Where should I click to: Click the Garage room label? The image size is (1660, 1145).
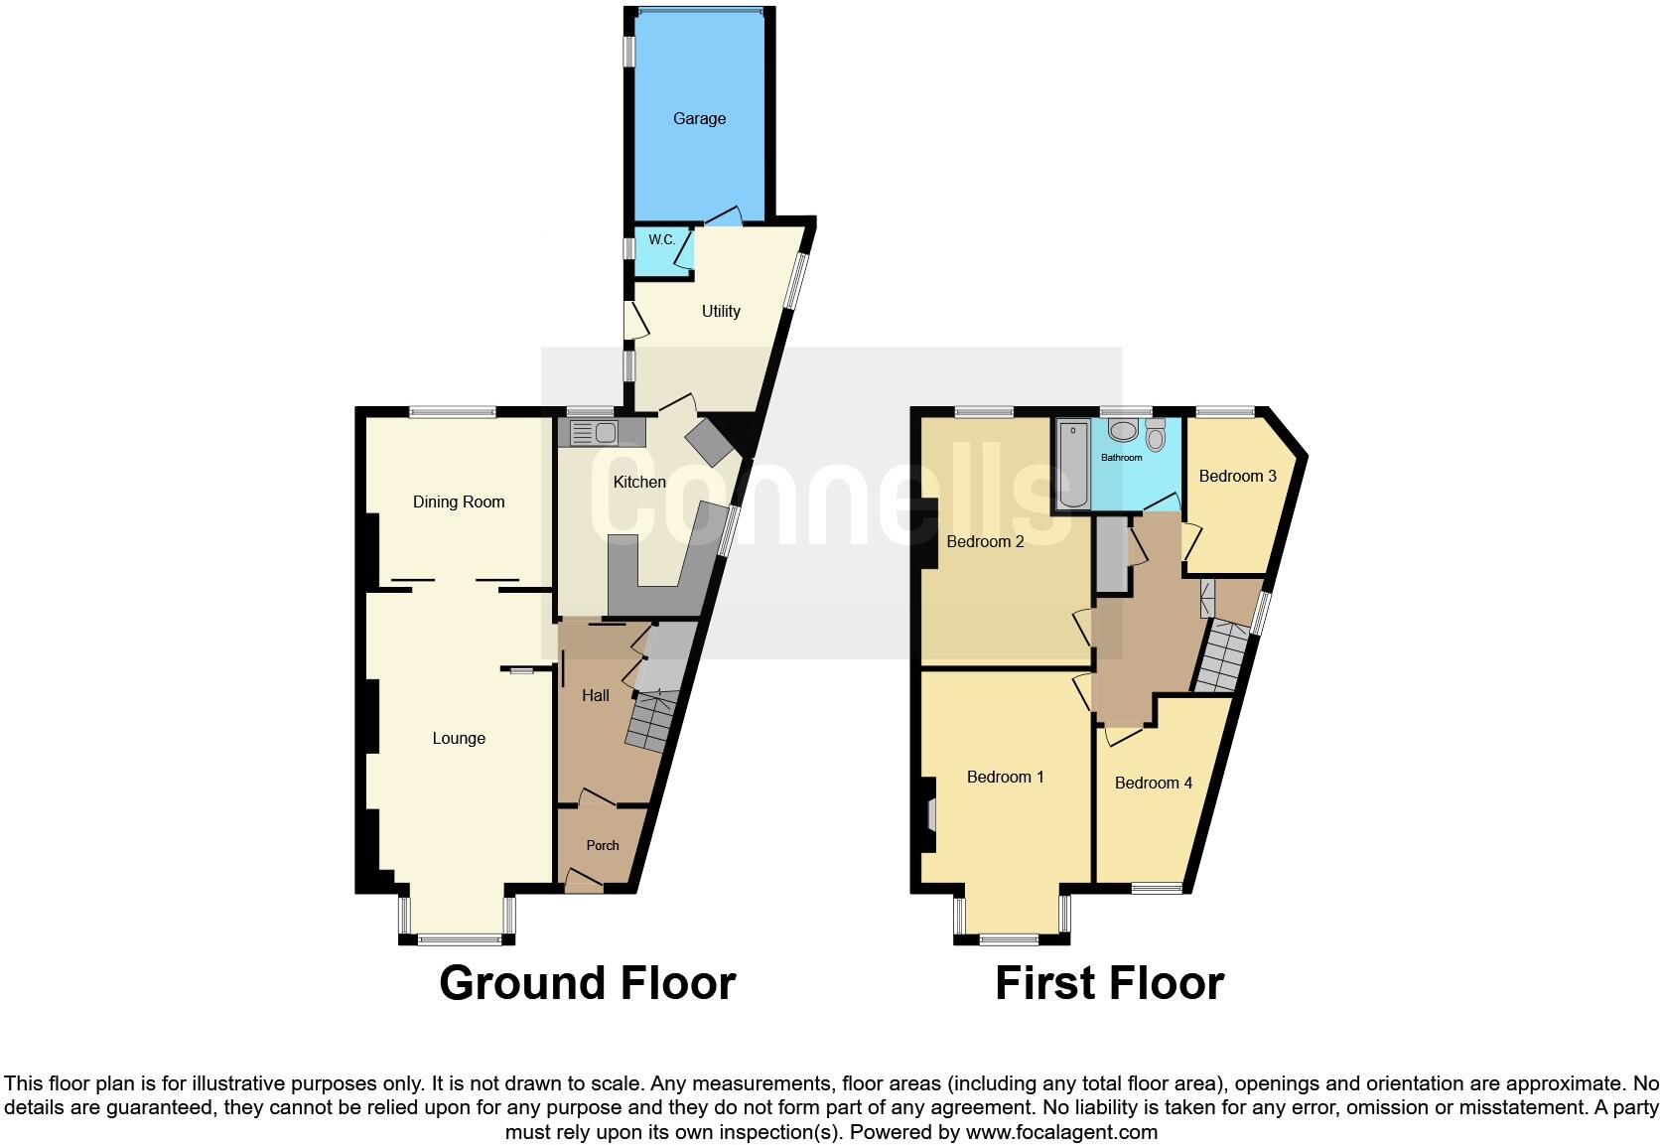tap(699, 119)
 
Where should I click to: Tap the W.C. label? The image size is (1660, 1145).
tap(662, 240)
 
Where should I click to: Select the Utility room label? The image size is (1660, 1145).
tap(721, 312)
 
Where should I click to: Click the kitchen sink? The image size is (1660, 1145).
tap(594, 432)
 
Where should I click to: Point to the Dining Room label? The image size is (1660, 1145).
tap(459, 502)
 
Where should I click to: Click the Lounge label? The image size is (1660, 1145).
tap(459, 739)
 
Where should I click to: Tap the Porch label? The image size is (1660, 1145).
tap(603, 846)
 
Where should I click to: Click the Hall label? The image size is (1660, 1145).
tap(596, 696)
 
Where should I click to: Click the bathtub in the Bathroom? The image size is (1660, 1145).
tap(1072, 465)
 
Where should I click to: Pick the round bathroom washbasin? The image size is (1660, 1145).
tap(1123, 431)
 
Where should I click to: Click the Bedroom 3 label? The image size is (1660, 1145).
tap(1237, 477)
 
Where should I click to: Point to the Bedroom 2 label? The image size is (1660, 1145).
tap(985, 542)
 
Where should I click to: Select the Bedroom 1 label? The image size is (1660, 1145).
tap(1005, 778)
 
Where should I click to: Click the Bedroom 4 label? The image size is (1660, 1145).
tap(1153, 784)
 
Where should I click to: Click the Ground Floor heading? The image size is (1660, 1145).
tap(587, 983)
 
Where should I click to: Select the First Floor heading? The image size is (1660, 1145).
tap(1109, 983)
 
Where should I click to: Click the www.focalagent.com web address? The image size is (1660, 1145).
tap(1061, 1132)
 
